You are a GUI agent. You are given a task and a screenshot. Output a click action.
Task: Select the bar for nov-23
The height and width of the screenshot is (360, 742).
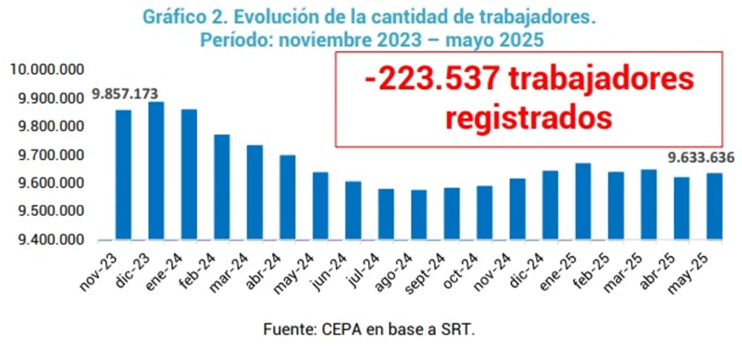pos(124,175)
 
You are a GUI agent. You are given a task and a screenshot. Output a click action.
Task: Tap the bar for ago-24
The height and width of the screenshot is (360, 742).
pos(419,214)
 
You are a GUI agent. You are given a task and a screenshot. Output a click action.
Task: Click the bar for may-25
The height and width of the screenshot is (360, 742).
pos(714,206)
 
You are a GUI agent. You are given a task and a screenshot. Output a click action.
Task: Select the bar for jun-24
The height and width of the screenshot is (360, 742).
pos(353,210)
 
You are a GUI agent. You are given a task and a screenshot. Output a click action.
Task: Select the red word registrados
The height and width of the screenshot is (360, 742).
pos(529,116)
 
